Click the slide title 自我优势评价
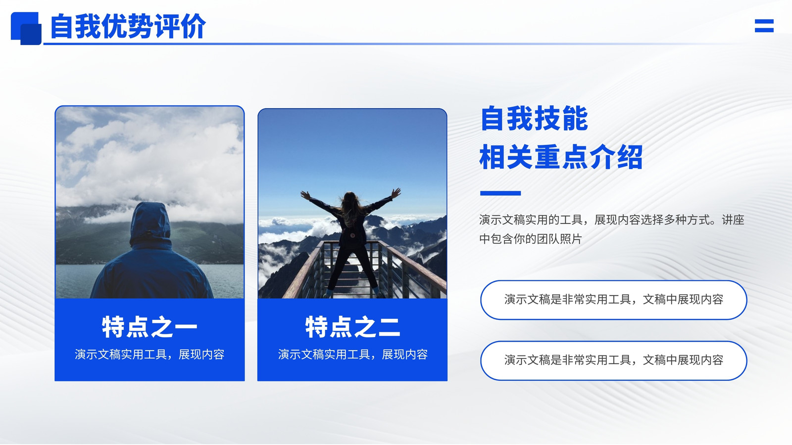pos(128,26)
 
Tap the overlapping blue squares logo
pos(26,29)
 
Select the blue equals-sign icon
pos(764,26)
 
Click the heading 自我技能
pos(534,119)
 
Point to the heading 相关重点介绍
pos(561,157)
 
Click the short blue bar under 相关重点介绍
pos(500,193)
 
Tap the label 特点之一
pos(149,327)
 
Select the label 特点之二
pos(352,327)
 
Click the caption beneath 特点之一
pos(149,354)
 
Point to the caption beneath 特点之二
pos(352,354)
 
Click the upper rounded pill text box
pos(613,300)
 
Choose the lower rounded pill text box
pos(613,360)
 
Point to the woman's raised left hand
pos(305,195)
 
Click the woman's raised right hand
pos(396,193)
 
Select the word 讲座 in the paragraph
pos(733,220)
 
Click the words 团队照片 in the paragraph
pos(559,239)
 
